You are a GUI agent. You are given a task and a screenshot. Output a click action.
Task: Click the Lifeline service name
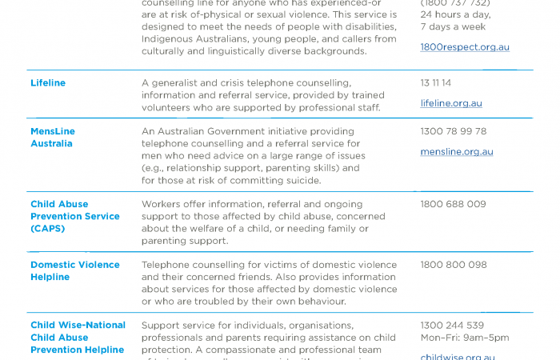48,83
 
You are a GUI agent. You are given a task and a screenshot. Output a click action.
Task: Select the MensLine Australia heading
53,138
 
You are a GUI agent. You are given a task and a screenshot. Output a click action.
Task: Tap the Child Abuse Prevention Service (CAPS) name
75,216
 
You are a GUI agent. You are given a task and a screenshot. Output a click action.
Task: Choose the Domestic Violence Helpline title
75,270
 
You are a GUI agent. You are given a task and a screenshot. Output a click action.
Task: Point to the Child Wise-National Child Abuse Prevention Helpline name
78,337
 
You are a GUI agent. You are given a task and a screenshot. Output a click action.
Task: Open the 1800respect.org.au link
465,47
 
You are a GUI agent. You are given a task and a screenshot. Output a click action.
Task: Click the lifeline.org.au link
451,103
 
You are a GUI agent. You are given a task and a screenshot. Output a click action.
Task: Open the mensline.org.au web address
457,152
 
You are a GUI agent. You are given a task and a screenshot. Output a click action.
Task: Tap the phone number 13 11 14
436,83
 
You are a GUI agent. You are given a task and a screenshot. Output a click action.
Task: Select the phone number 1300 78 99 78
453,131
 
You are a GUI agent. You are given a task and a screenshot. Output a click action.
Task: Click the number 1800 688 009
453,204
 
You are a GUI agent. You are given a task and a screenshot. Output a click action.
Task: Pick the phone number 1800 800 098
453,265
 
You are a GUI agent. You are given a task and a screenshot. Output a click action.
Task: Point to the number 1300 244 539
452,326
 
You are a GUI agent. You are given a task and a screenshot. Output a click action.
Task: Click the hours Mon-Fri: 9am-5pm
464,338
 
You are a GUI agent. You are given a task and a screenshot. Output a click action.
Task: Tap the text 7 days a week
453,26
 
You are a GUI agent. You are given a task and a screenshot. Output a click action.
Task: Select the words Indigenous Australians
190,38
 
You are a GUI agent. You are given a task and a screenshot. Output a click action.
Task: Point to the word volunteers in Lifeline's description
166,107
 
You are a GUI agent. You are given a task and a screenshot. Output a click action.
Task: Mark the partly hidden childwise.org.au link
458,357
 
